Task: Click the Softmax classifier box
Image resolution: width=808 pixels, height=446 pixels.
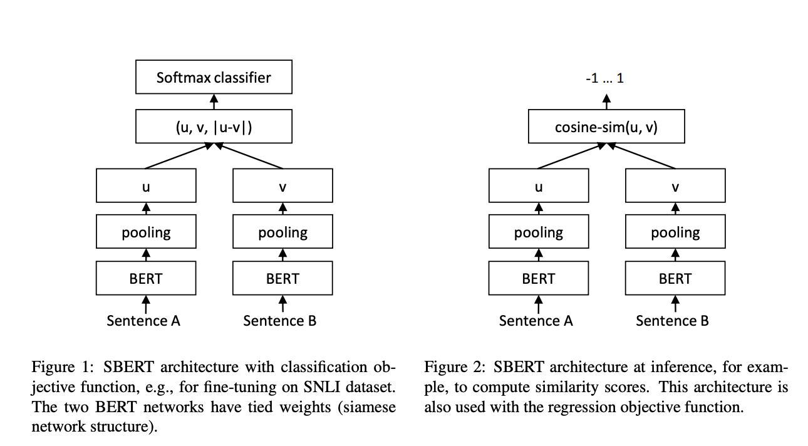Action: point(214,78)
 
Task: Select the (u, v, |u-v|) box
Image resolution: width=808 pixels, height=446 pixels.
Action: point(214,128)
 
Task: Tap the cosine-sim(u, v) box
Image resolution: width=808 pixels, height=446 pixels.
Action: point(606,128)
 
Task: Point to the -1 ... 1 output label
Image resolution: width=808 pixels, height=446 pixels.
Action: point(604,80)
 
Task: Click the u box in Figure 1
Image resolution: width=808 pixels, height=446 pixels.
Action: point(146,186)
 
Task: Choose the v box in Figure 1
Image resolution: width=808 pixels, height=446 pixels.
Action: point(282,186)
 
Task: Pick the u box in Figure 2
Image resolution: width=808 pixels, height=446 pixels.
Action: point(539,186)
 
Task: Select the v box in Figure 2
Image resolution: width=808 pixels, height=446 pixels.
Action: point(675,186)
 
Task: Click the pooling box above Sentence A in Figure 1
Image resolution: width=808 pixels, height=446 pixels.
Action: point(146,232)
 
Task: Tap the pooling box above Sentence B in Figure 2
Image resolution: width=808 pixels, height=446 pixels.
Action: point(675,232)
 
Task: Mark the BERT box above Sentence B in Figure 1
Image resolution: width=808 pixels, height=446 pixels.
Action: point(282,278)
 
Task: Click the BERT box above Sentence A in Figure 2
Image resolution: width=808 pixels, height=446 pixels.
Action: point(539,278)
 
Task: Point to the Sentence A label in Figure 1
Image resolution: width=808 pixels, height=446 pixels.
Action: point(143,321)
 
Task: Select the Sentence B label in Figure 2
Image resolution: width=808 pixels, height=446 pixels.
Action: point(672,321)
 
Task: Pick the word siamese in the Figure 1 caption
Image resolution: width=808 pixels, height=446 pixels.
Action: point(370,407)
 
